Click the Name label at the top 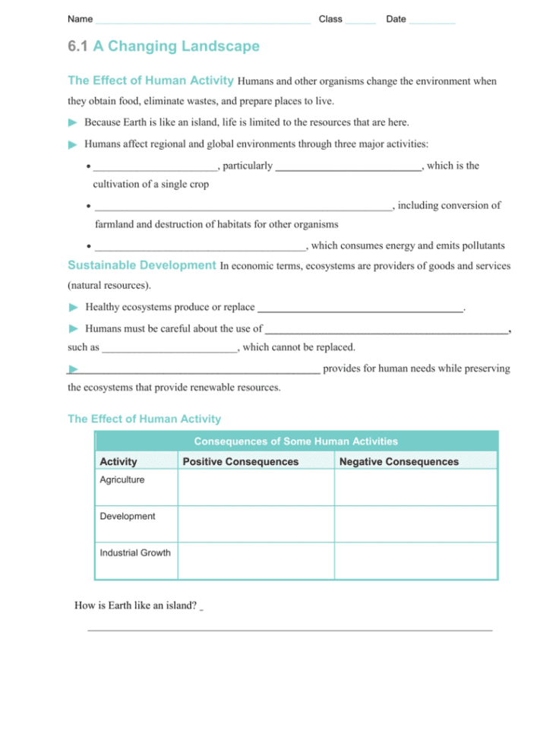(80, 19)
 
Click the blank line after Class (360, 21)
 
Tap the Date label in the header (396, 19)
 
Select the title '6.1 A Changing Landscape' (163, 46)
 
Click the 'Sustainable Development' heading (142, 265)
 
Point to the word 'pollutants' (479, 245)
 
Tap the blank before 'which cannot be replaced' (169, 348)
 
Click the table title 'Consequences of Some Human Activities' (295, 441)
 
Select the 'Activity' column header (118, 462)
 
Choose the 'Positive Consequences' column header (241, 462)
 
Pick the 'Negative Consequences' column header (399, 462)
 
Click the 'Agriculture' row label (122, 480)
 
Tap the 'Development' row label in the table (128, 517)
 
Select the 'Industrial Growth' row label (135, 552)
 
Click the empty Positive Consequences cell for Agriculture (256, 488)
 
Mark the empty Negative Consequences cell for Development (415, 524)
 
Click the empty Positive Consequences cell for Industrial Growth (256, 561)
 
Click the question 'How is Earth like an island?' (135, 606)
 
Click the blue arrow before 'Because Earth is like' (73, 122)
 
